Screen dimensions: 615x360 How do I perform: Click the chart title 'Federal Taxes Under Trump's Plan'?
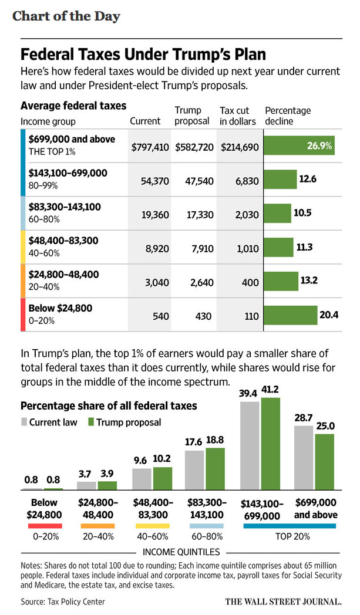click(143, 54)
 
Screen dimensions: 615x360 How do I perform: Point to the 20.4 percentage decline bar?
click(291, 315)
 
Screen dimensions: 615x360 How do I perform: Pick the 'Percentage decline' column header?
click(288, 116)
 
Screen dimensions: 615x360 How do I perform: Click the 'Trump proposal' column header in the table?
click(192, 116)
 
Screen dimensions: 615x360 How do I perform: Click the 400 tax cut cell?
click(250, 282)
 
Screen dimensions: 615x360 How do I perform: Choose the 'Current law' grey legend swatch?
click(24, 422)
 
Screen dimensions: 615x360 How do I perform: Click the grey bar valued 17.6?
click(194, 470)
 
